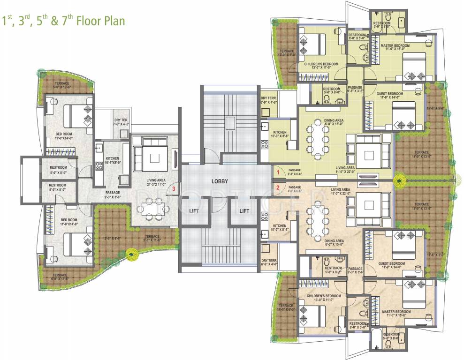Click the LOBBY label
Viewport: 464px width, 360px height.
click(219, 181)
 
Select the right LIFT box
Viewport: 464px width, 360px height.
click(244, 211)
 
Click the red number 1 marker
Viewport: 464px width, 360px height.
click(278, 172)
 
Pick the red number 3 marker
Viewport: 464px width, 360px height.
click(174, 188)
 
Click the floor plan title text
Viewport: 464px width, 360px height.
click(64, 22)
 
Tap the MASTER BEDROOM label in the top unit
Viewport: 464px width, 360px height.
click(395, 46)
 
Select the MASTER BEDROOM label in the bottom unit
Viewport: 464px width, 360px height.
click(396, 312)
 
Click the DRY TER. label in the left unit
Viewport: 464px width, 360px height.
click(122, 120)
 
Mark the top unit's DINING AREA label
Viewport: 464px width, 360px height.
click(334, 120)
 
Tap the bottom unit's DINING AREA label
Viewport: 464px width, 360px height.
click(334, 240)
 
